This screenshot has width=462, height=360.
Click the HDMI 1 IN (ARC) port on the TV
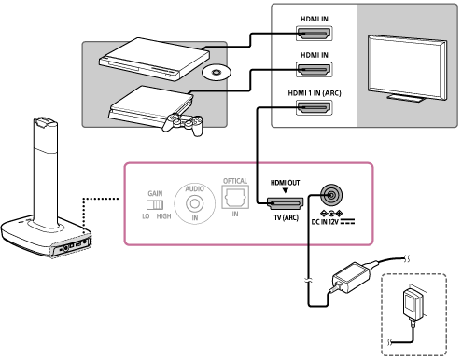click(315, 107)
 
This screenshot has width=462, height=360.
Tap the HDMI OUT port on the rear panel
click(285, 203)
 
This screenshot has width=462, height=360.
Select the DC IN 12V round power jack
click(331, 195)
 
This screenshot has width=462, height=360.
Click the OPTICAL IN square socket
click(235, 197)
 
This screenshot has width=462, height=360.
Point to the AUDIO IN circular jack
click(195, 203)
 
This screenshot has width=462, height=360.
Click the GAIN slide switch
click(155, 204)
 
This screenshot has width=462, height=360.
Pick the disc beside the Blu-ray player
click(217, 73)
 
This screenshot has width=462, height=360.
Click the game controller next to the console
click(183, 124)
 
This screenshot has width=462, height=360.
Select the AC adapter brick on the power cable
click(352, 277)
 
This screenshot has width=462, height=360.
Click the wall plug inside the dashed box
click(413, 303)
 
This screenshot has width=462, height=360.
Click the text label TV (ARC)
click(286, 217)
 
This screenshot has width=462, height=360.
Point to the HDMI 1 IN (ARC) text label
click(315, 93)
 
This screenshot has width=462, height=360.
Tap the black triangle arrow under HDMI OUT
click(285, 190)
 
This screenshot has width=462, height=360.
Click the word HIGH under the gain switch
click(163, 216)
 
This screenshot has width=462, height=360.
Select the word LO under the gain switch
click(146, 216)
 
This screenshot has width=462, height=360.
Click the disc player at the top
click(154, 59)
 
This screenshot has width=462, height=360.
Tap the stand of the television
click(406, 98)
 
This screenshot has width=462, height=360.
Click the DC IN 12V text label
click(325, 222)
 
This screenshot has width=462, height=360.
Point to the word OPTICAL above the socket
click(235, 181)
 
